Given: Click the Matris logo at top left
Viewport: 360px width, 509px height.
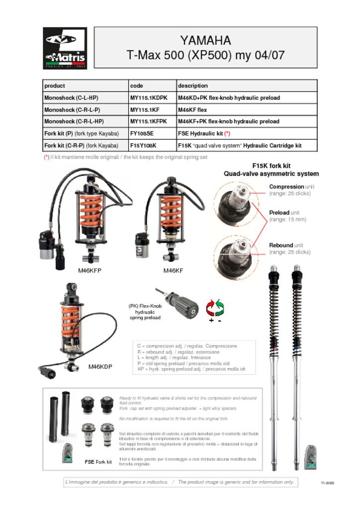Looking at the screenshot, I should pos(65,48).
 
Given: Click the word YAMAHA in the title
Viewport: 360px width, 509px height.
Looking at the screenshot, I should pos(205,40).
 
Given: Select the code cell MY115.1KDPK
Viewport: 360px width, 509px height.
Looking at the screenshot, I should pos(149,98).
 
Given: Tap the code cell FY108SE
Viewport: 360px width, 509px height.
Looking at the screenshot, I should pos(142,134).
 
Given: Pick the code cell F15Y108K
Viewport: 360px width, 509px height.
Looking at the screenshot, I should pos(143,146).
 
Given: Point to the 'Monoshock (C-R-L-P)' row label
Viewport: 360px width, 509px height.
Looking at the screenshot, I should pos(72,110).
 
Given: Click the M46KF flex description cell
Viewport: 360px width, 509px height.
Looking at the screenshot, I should pos(192,110).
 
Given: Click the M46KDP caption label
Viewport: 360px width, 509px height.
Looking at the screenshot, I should pos(100,367).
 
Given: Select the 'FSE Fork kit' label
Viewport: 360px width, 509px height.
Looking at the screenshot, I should pos(98,462).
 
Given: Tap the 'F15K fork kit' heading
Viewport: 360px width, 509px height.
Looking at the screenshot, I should pos(271,166).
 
